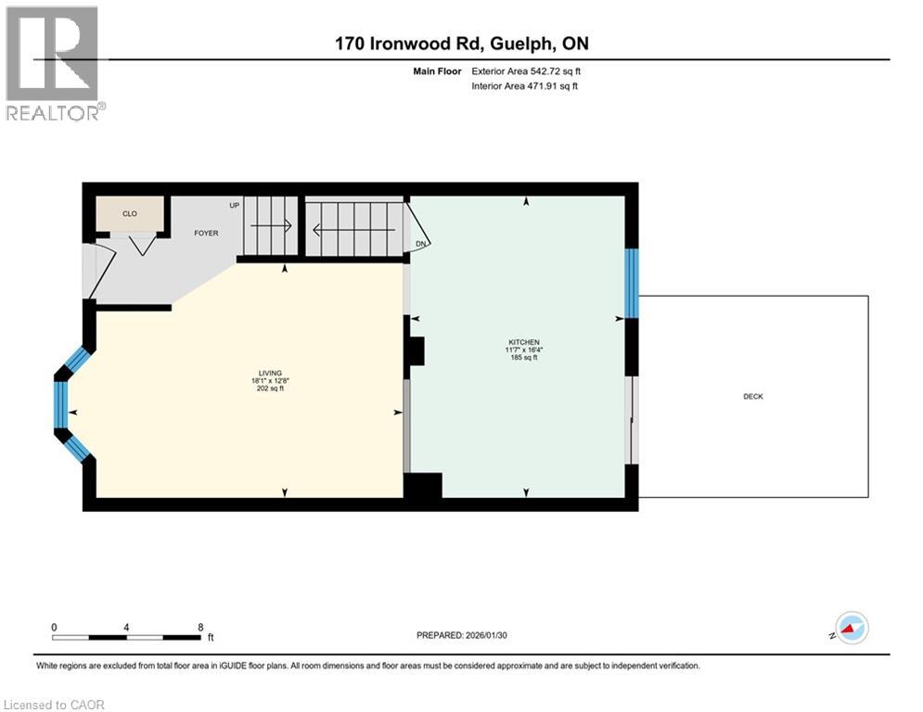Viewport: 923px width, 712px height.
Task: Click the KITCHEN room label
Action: (x=524, y=342)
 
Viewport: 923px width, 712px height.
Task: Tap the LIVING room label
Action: (x=270, y=373)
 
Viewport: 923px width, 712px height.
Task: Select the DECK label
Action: (x=753, y=397)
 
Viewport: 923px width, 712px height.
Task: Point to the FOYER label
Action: (x=206, y=233)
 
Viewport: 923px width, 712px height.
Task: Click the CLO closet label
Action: (x=130, y=213)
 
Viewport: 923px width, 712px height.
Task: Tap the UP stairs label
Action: (x=235, y=206)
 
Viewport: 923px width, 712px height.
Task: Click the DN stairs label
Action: (x=420, y=244)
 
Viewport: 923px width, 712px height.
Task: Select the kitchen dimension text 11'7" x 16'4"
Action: (x=524, y=350)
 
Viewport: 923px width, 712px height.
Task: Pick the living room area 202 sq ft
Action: (x=270, y=388)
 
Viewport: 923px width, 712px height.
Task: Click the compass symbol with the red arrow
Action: (x=852, y=628)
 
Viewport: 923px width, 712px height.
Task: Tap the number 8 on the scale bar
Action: (x=200, y=628)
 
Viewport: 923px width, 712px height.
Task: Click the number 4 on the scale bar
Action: (x=126, y=628)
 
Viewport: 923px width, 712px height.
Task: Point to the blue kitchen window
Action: (x=631, y=284)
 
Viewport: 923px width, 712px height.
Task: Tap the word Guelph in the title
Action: (x=521, y=44)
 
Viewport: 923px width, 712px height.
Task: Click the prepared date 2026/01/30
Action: (x=486, y=635)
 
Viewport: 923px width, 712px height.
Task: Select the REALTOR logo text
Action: (x=53, y=113)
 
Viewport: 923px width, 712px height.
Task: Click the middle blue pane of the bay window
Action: (x=60, y=405)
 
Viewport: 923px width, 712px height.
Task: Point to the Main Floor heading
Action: (x=437, y=71)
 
